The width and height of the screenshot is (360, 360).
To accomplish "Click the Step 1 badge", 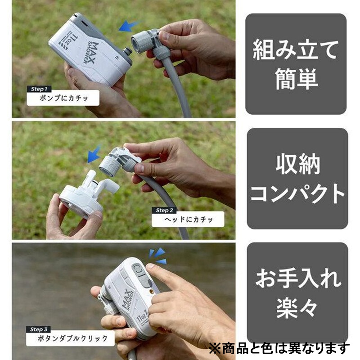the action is pos(39,89).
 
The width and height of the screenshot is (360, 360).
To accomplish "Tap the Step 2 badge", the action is pos(164,210).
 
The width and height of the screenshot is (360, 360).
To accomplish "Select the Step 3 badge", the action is pos(38,329).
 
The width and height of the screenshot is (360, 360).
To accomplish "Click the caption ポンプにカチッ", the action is pos(63,98).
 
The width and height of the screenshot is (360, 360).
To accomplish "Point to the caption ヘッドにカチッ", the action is pos(189,220).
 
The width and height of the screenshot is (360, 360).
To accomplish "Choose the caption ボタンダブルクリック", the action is pos(72,338).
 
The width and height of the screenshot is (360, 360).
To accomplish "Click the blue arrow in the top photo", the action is pos(129,26).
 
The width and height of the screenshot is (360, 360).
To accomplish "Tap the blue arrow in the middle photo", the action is pos(94,154).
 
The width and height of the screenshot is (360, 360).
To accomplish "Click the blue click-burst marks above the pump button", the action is pos(158,256).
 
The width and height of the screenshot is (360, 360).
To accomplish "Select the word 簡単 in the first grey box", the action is pos(296,79).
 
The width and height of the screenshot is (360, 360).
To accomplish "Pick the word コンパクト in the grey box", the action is pos(297,194).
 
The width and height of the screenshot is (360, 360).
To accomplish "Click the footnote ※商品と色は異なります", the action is pos(279,348).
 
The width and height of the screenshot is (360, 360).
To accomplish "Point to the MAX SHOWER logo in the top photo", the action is pos(91,53).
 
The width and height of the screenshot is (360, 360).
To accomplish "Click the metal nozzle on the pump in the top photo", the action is pos(128,51).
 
